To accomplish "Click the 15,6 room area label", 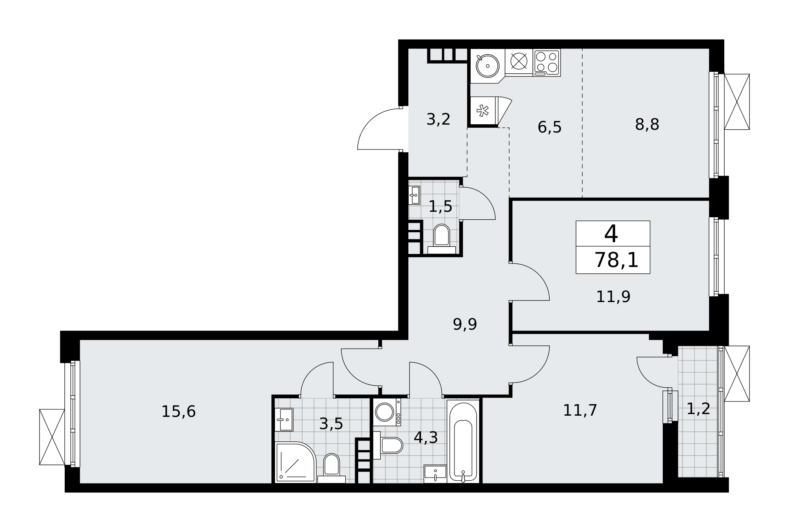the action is pos(179,412).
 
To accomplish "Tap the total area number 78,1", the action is pos(616,260).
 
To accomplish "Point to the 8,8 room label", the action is pos(647,125).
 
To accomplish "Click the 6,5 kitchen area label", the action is pos(550,127).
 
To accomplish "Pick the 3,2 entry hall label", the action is pos(438,119).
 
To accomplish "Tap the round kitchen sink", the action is pos(488,66).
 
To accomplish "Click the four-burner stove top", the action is pos(547,62).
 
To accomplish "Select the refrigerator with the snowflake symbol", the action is pos(483,111).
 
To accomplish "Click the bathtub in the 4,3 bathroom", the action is pos(463,441).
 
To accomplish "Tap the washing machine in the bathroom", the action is pos(387,412).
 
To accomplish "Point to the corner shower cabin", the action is pos(295,462).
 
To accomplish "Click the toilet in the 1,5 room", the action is pos(441,239).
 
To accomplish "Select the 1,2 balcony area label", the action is pos(698,409).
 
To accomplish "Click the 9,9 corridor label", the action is pos(465,325).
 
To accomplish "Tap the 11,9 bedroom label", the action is pos(613,297).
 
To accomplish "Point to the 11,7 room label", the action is pos(580,411).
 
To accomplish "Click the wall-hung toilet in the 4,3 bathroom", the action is pos(388,445).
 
